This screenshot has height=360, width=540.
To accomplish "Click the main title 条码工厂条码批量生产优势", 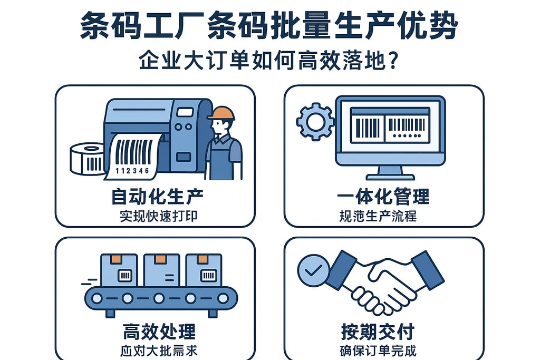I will [269, 25].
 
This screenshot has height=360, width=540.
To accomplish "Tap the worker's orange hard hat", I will [221, 113].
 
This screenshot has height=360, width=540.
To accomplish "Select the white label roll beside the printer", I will [87, 158].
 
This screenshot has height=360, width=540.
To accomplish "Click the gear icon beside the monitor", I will [315, 122].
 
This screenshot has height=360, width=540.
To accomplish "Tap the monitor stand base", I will [390, 175].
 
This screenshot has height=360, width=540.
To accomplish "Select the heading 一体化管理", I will [383, 197].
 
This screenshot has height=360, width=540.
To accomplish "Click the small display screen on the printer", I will [185, 112].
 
